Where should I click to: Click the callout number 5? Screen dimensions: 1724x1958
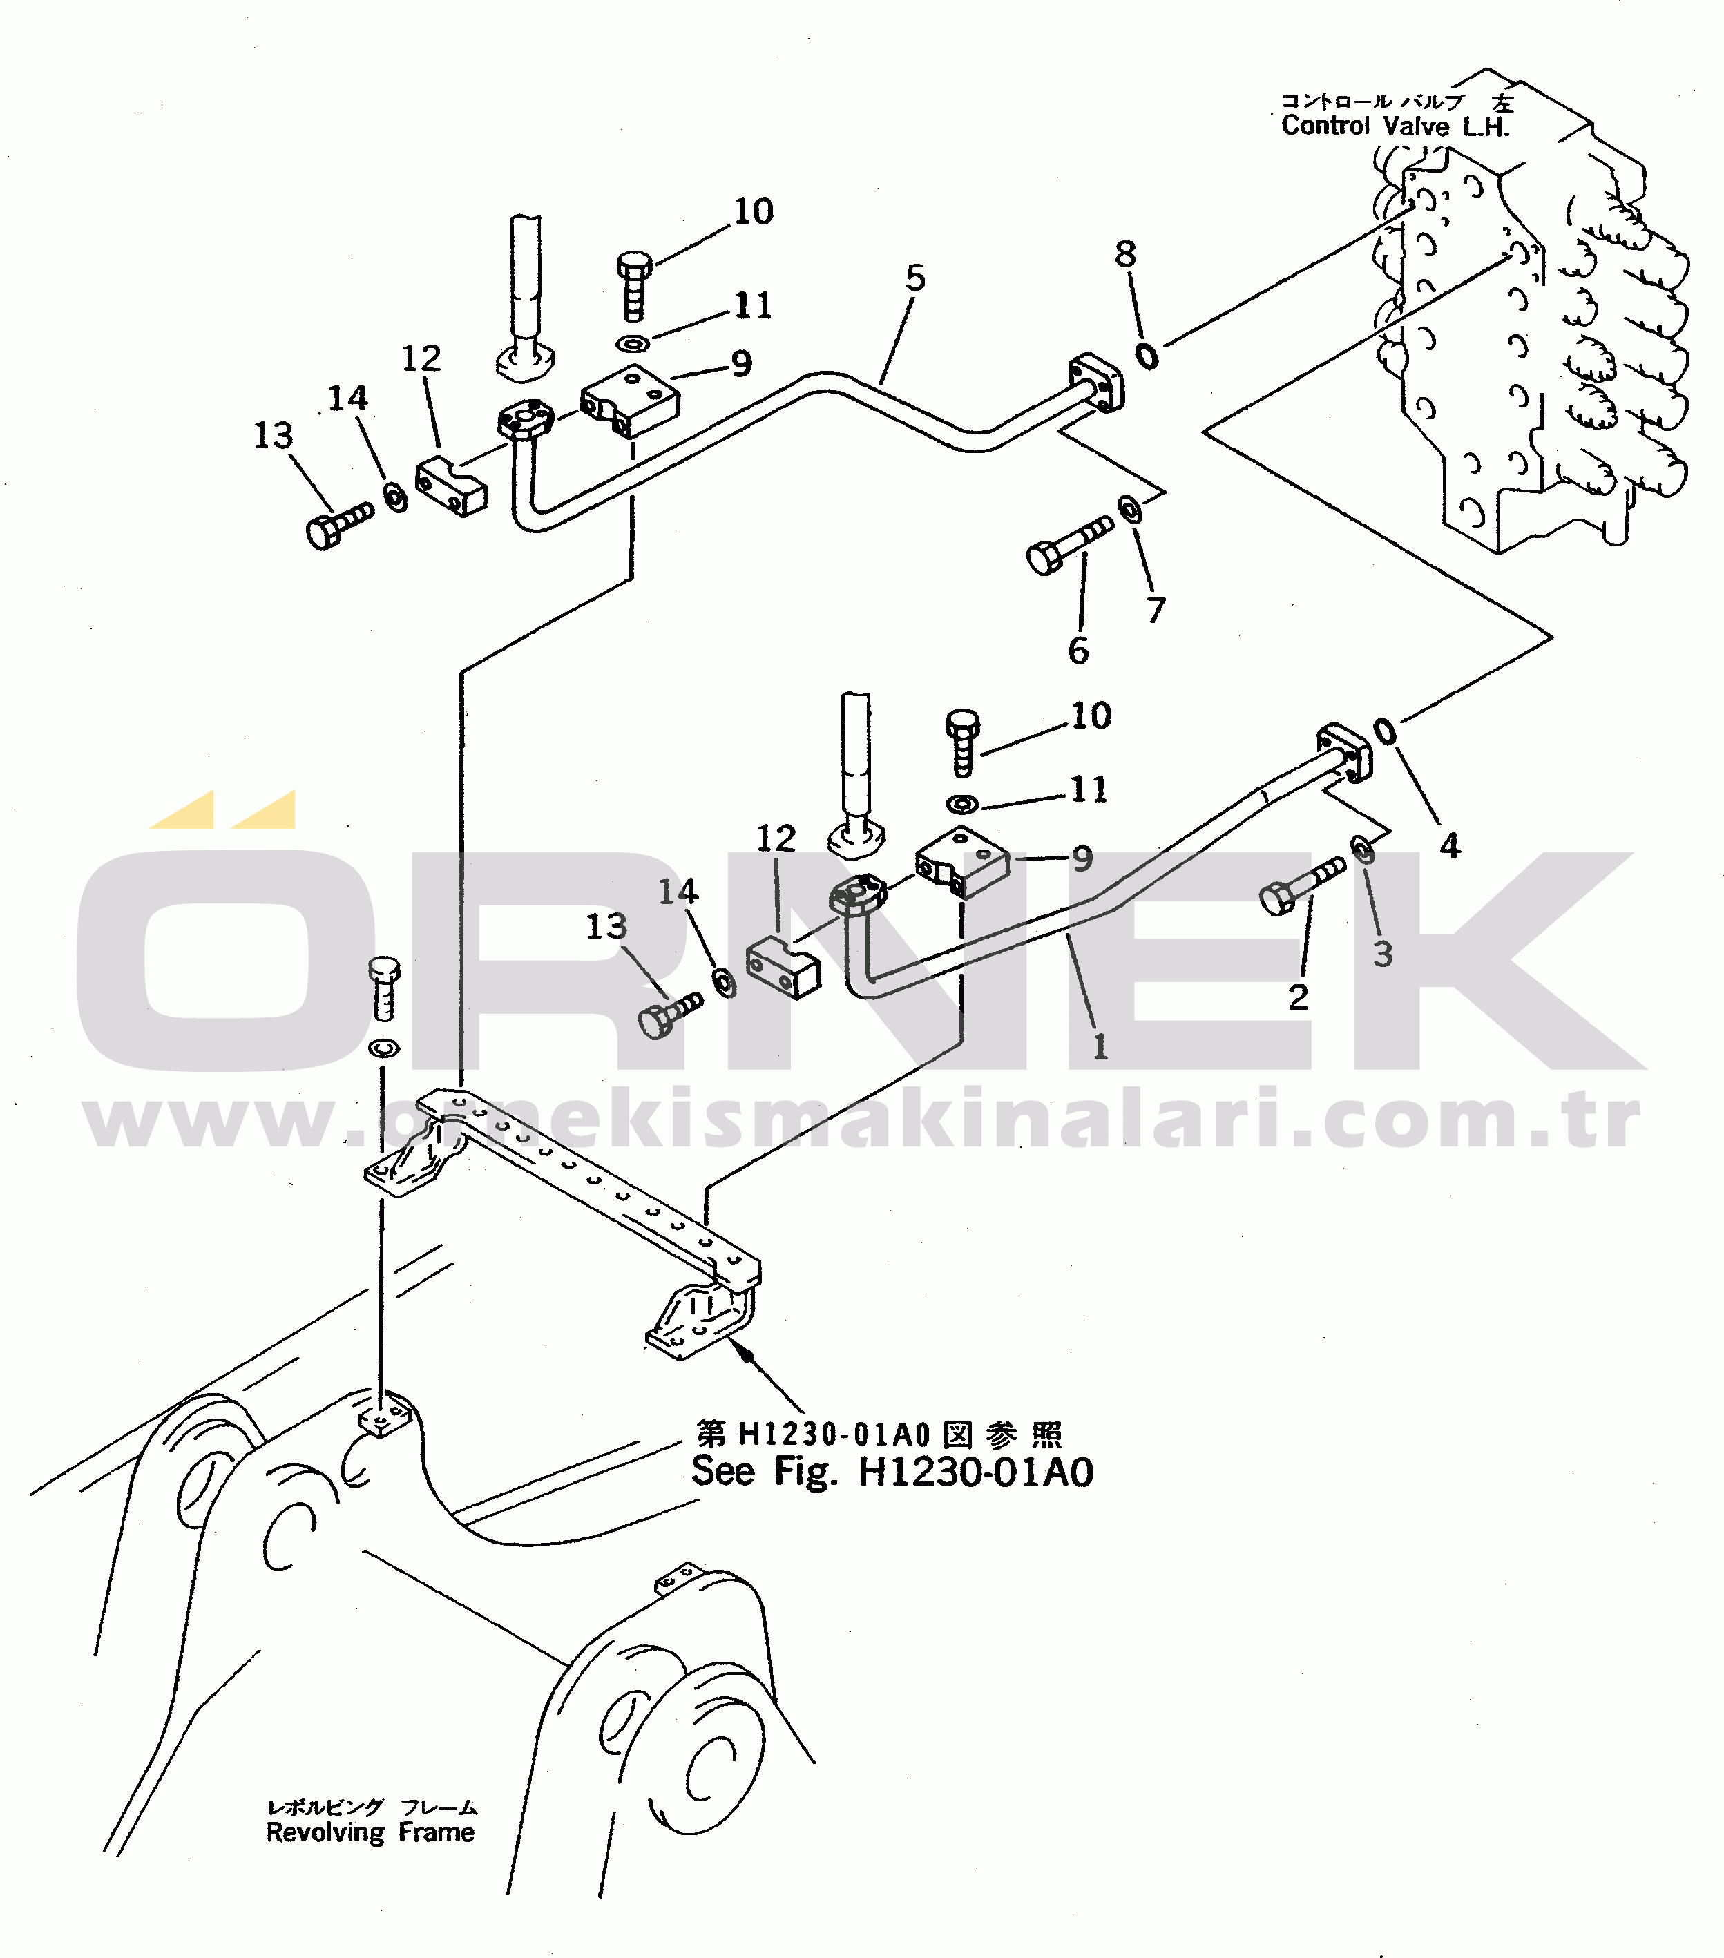916,279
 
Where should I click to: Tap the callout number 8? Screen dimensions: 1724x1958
1125,255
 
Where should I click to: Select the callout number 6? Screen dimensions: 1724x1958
1078,651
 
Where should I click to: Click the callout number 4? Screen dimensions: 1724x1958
1450,847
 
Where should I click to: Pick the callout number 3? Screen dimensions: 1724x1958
1382,954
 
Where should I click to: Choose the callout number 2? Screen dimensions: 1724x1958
1298,998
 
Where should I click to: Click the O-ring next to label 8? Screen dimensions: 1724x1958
1147,356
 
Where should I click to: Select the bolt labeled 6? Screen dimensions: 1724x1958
1069,545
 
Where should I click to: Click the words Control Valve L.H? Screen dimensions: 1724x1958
1395,126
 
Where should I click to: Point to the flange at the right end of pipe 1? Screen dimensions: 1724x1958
1345,753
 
